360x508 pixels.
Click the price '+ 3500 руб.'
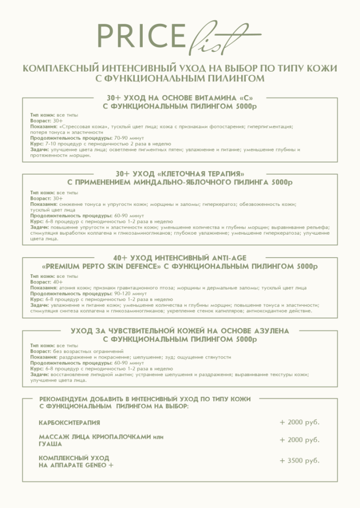point(300,461)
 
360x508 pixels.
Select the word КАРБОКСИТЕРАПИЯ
point(70,423)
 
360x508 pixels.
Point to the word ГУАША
point(50,444)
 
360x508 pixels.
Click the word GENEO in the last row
point(93,465)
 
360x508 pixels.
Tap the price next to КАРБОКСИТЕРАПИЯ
point(300,422)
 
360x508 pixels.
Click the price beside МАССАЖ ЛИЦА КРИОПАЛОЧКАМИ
point(300,440)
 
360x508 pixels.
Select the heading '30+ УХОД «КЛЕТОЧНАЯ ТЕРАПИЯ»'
point(180,173)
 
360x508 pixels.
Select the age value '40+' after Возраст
point(58,282)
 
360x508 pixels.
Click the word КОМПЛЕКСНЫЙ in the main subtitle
point(56,68)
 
